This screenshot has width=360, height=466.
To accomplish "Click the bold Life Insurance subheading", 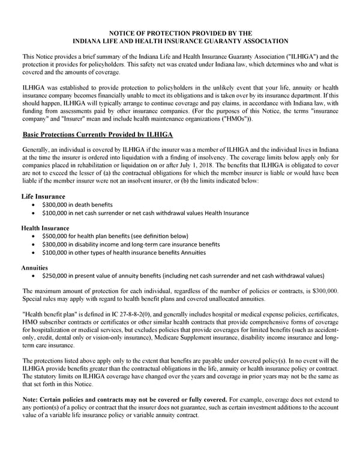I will coord(43,196).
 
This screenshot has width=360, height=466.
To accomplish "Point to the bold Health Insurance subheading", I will coord(45,228).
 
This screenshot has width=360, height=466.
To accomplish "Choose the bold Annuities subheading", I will coord(35,268).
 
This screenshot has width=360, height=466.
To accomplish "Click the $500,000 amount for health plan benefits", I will coord(56,237).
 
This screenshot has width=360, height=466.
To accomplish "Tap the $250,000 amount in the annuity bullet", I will coord(56,276).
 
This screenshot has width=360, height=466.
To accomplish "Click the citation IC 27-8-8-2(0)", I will coord(136,315).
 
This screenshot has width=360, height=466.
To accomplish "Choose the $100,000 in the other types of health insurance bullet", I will coord(56,253).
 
